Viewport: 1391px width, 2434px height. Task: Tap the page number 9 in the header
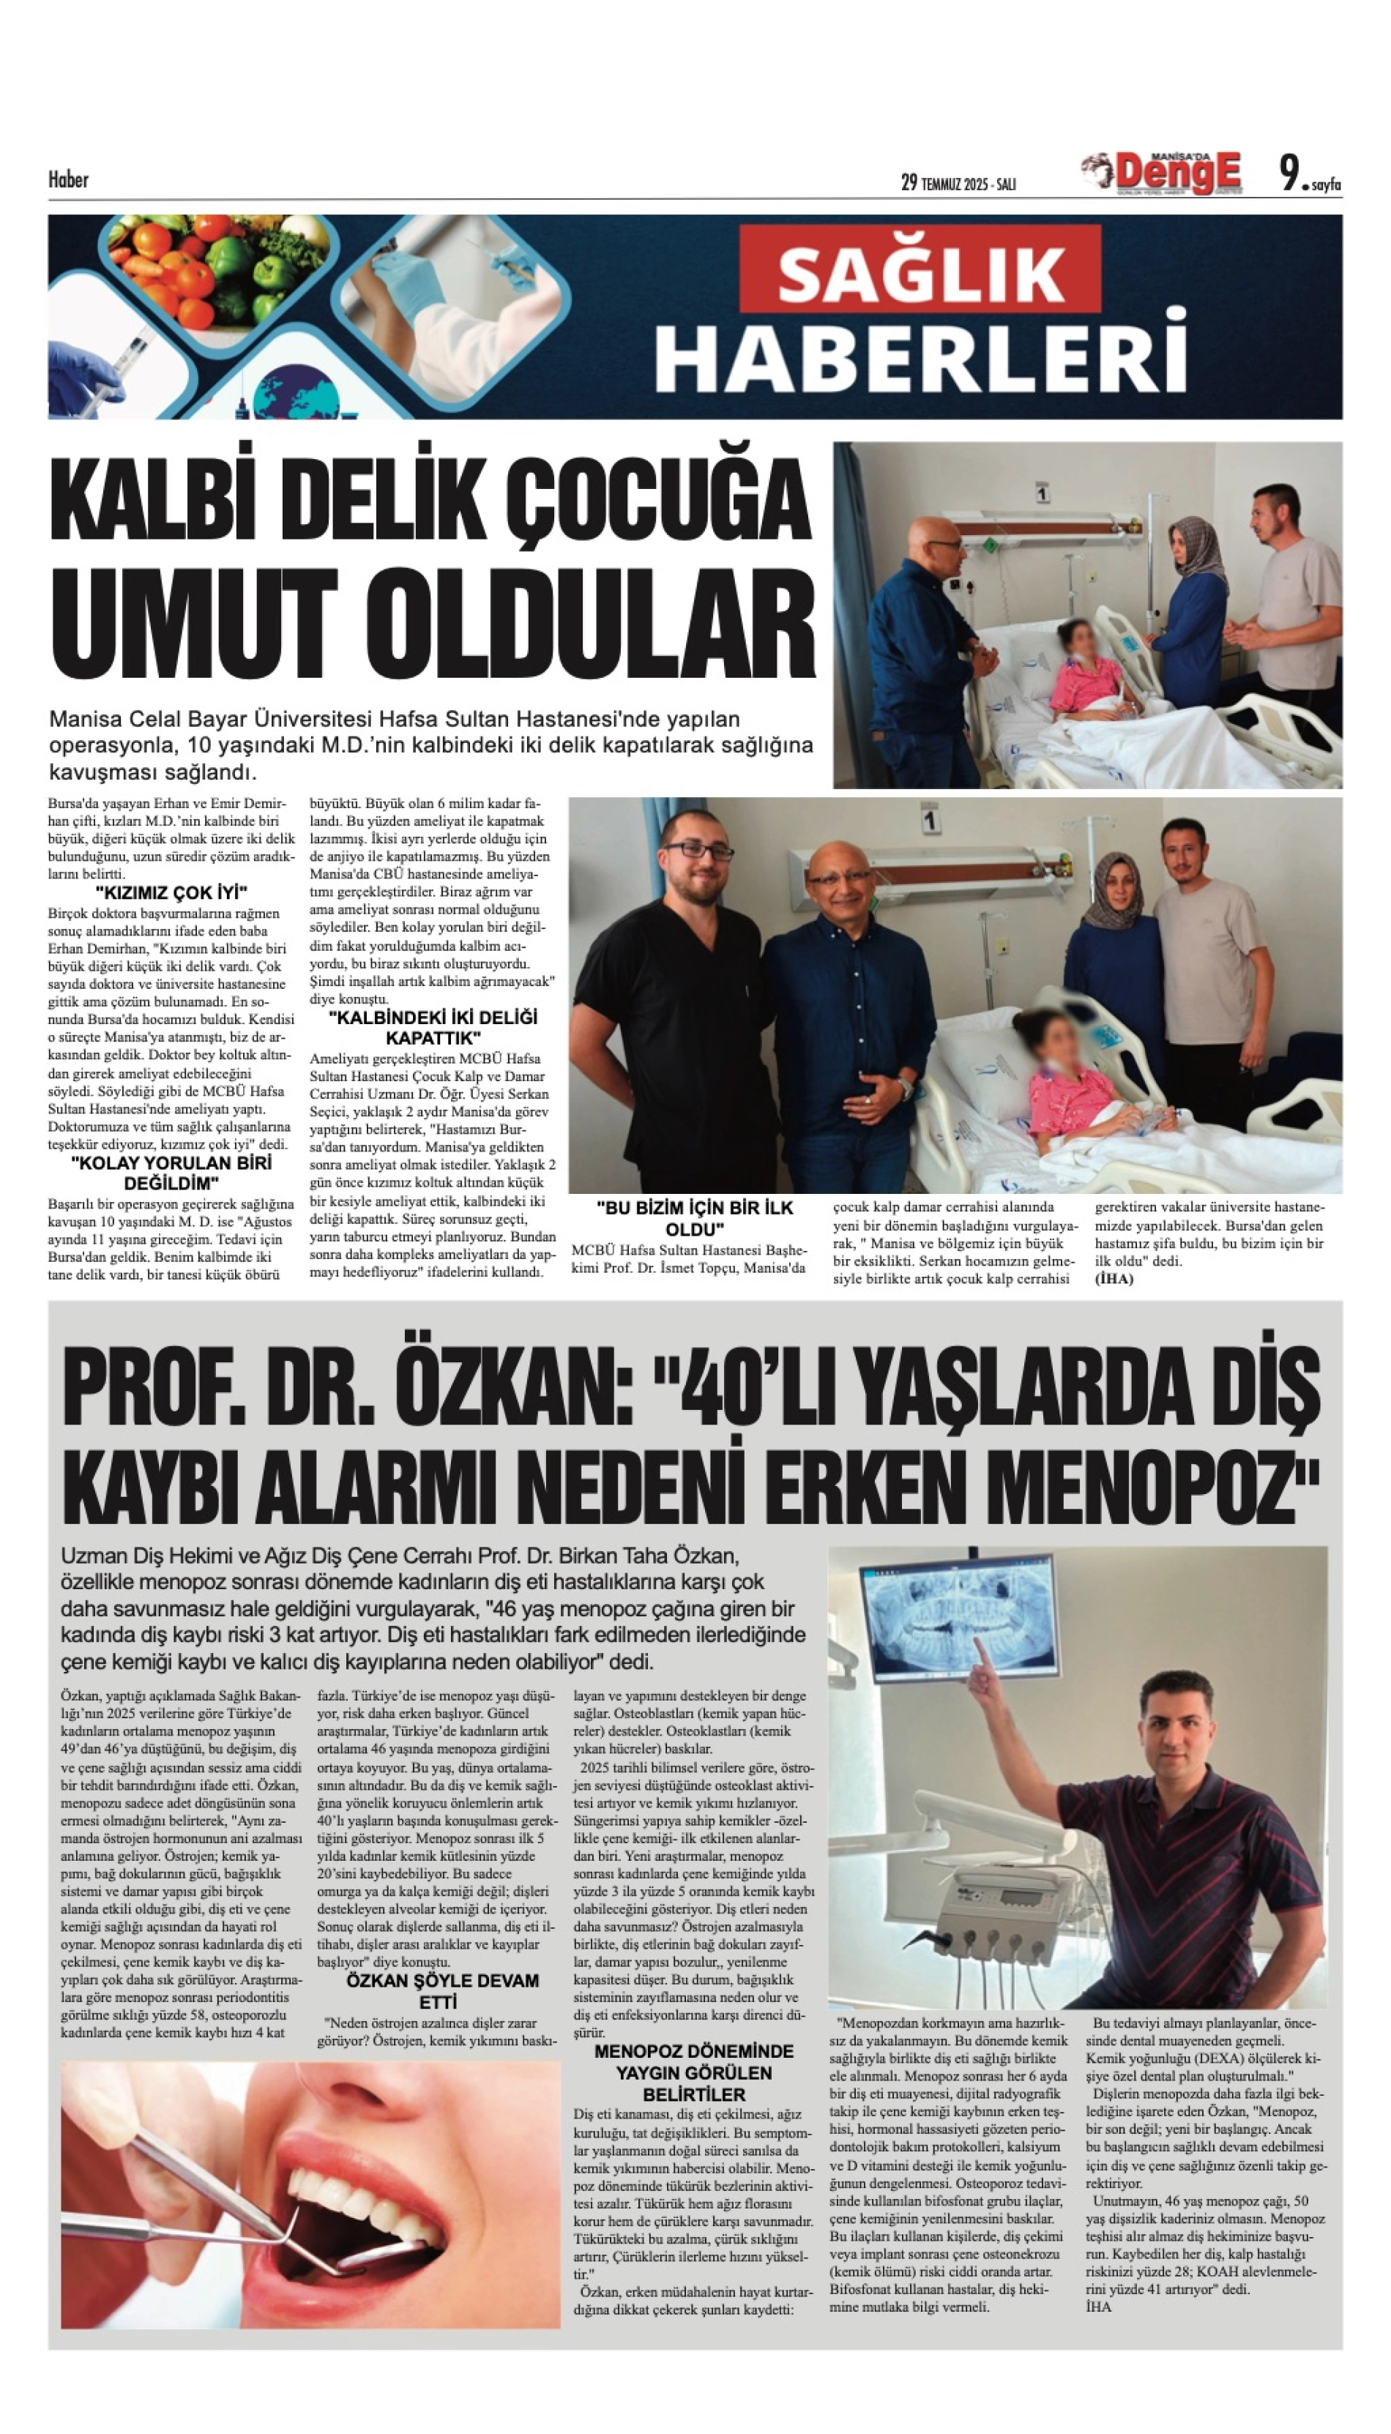1291,174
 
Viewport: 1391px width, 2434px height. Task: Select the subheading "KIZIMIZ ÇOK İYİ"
171,893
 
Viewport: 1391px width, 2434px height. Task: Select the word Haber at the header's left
68,179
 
